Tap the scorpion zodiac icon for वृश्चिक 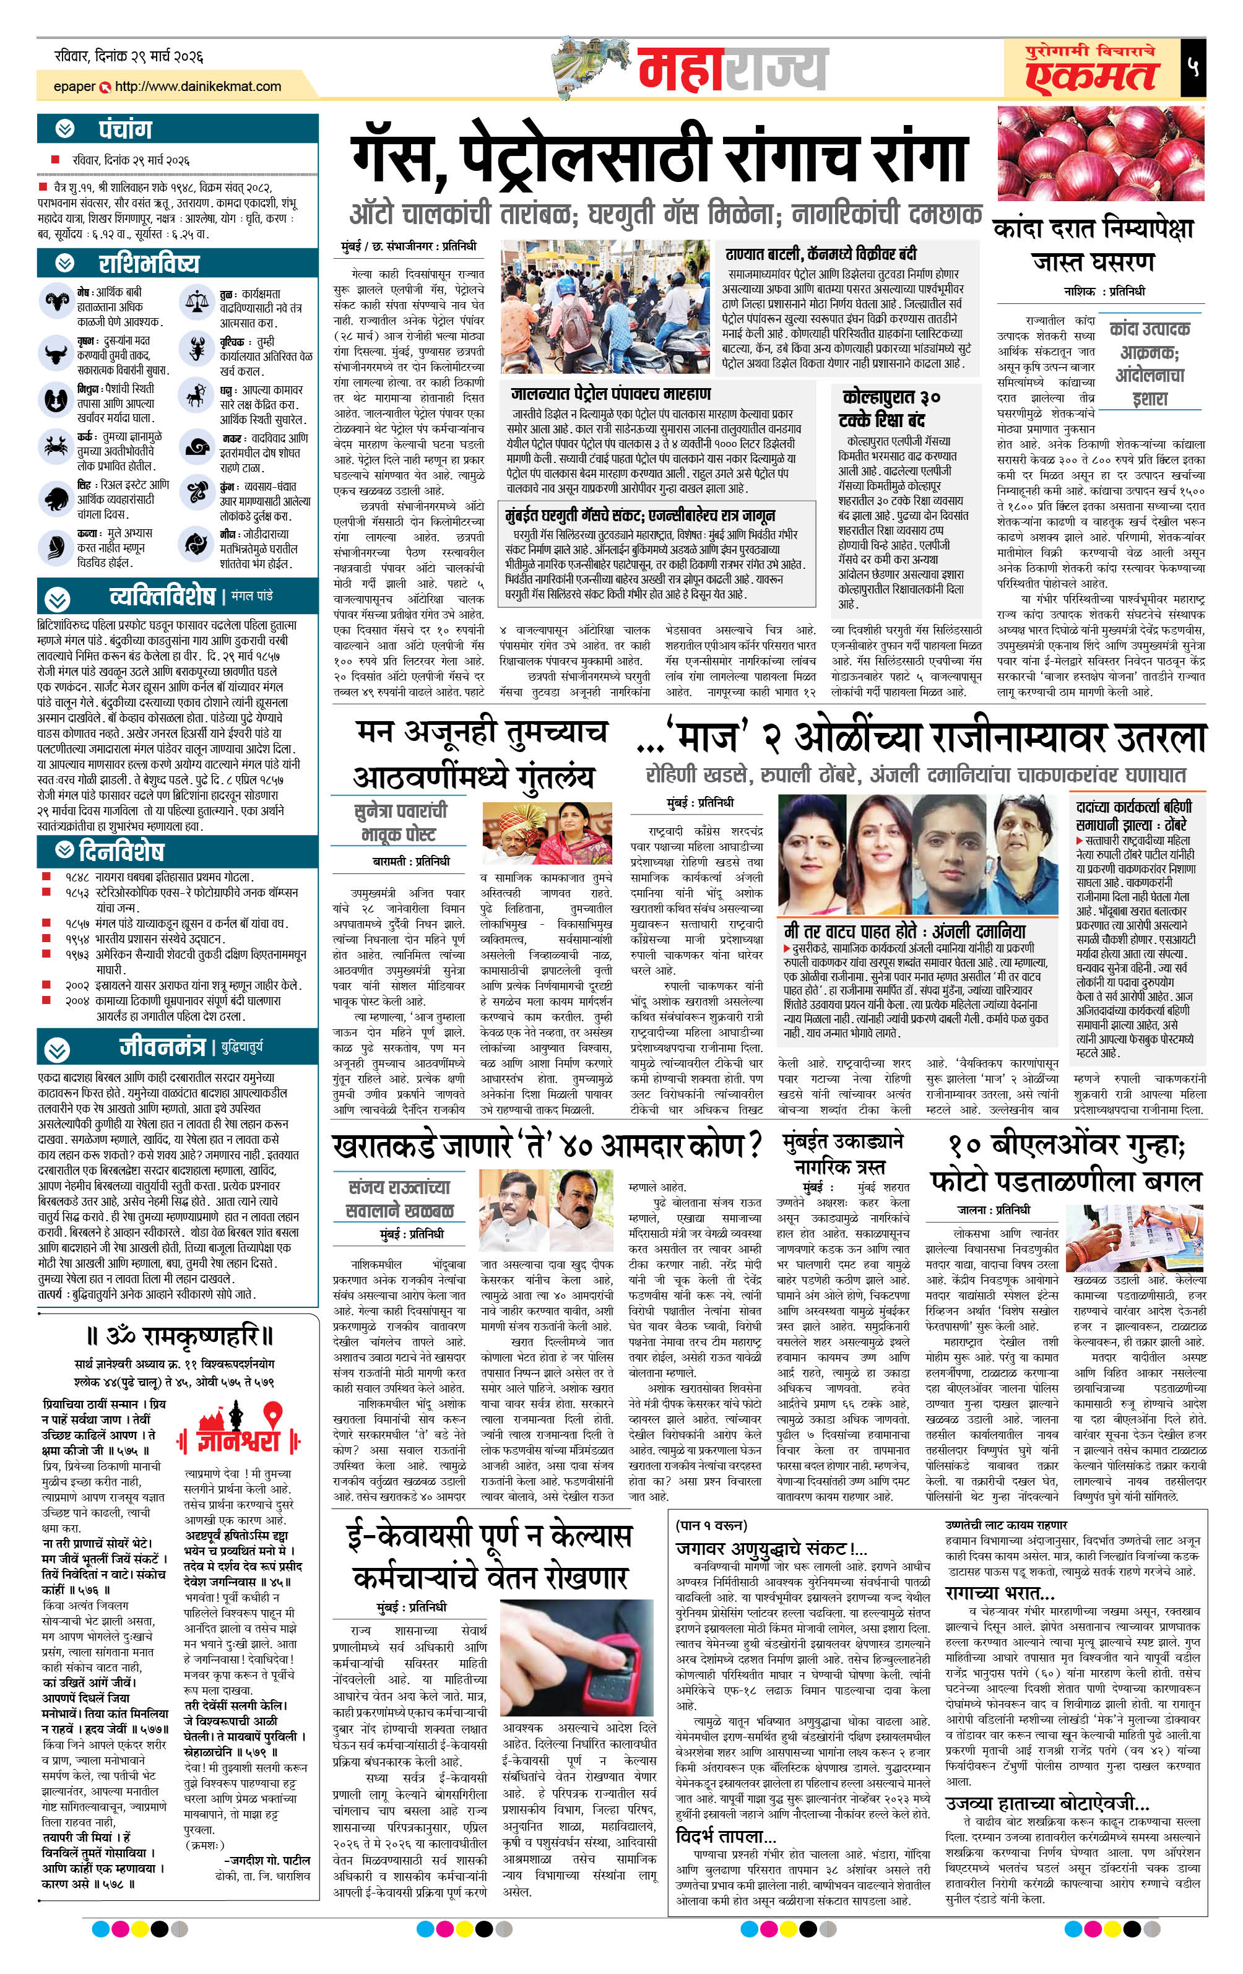pos(197,349)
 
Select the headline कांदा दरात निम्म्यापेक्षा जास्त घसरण pos(1093,245)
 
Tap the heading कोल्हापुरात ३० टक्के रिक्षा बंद pos(890,407)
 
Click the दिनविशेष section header pos(121,850)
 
